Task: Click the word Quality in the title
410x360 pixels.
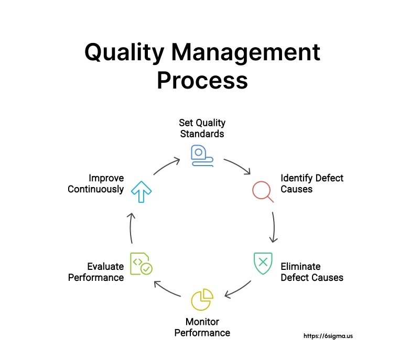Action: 124,53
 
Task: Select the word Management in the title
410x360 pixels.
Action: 246,53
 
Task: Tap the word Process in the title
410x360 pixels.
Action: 202,80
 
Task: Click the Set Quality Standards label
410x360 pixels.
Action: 202,128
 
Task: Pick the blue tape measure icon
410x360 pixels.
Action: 202,156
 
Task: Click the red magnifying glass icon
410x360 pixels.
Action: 263,191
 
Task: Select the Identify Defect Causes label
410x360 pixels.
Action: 311,183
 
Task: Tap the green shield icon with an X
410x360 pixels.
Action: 263,264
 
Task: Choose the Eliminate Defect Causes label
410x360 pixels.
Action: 311,272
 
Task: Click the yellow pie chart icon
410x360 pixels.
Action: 202,299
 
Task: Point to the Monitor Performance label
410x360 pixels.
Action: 202,327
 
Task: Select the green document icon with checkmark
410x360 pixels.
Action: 141,264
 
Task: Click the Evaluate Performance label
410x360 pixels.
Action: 96,272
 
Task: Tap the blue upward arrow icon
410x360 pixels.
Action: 141,192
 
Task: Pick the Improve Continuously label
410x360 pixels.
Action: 96,183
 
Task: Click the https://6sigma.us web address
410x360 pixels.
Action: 328,336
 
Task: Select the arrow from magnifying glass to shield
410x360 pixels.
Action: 274,227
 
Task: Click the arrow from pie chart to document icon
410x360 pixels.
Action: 166,290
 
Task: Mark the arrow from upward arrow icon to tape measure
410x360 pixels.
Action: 166,165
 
